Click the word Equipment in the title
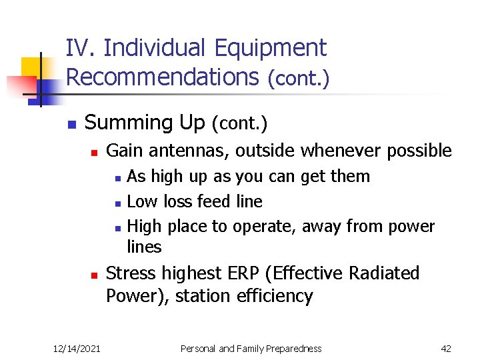(271, 48)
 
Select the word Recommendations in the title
(162, 77)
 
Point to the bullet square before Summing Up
(70, 125)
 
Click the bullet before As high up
(117, 178)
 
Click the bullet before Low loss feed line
(117, 203)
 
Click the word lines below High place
(144, 247)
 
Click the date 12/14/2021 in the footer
(77, 349)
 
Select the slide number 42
(447, 349)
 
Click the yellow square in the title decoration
(31, 67)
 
